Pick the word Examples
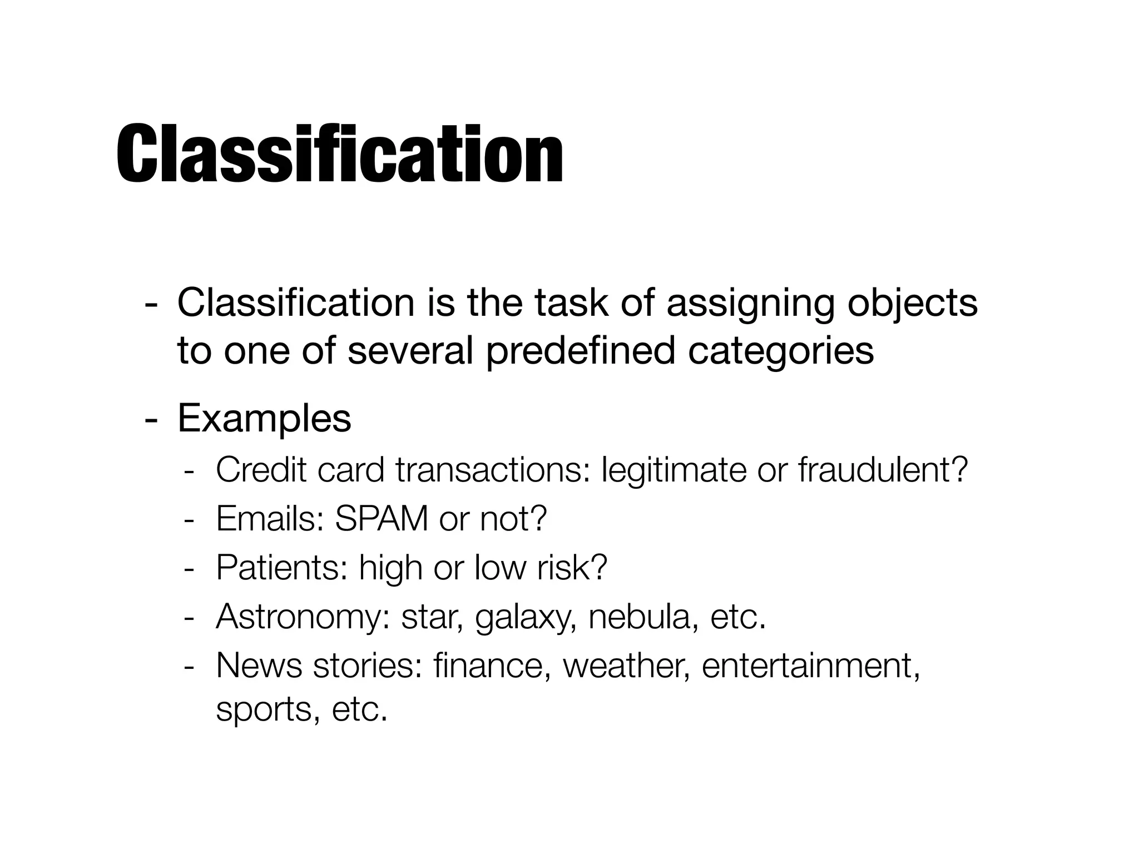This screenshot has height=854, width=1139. pos(264,419)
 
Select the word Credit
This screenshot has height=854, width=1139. pos(261,470)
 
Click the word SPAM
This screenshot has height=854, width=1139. pos(382,519)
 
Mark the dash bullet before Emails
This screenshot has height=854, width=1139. pos(189,520)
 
